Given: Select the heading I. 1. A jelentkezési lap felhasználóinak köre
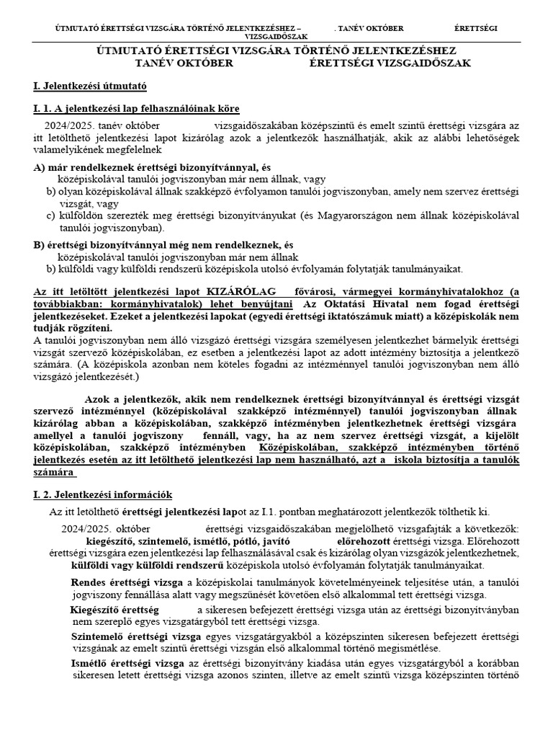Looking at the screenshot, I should coord(136,109).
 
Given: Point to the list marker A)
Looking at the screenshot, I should coord(39,166).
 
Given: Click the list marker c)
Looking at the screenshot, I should coord(50,214).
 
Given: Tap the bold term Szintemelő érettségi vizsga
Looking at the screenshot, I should coord(137,636).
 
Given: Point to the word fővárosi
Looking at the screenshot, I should coord(313,292).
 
